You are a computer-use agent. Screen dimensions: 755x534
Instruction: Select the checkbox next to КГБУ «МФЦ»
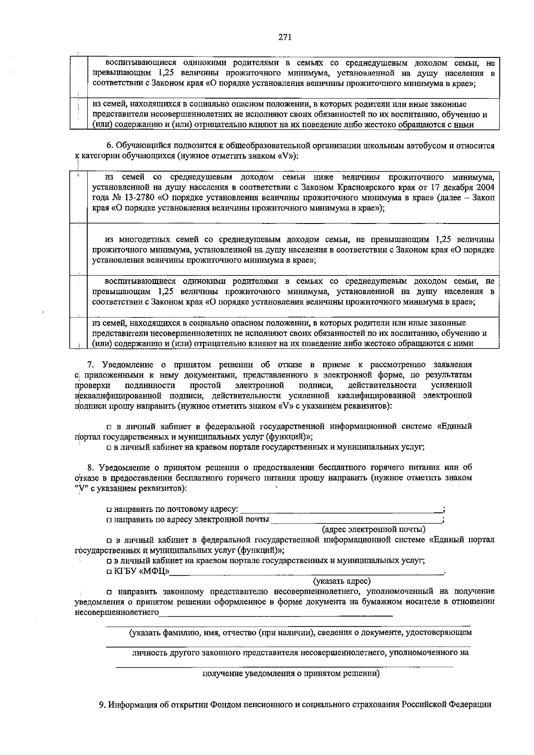109,572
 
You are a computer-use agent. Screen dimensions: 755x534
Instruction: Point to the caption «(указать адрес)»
342,581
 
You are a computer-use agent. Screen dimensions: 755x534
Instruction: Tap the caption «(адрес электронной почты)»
374,529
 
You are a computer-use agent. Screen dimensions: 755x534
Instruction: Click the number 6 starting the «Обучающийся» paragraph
108,146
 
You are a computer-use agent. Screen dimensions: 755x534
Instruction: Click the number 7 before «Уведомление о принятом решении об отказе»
89,365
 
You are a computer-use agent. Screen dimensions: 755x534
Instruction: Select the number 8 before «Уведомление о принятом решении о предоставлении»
90,467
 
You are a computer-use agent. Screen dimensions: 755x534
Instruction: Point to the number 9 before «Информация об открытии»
101,705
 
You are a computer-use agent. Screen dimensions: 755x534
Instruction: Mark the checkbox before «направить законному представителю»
109,592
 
